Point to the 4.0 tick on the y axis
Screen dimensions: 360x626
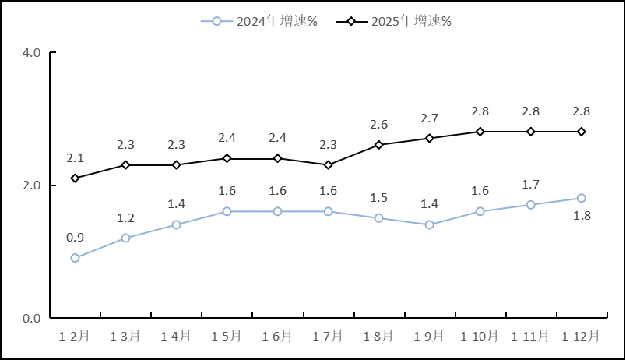click(32, 53)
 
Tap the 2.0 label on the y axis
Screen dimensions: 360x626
click(32, 185)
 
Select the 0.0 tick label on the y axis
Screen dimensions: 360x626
click(32, 318)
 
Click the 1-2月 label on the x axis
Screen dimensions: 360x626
click(75, 336)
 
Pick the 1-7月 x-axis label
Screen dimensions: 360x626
click(328, 336)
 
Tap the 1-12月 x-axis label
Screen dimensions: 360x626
click(581, 336)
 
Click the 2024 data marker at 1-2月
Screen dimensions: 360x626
click(75, 258)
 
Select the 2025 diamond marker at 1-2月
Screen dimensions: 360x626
click(75, 178)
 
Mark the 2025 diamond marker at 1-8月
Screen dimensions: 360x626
click(378, 145)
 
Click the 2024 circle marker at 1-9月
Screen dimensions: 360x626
click(429, 225)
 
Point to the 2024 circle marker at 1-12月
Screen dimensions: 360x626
click(581, 198)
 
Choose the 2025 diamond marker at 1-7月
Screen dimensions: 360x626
click(328, 165)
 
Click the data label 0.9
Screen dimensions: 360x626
click(75, 238)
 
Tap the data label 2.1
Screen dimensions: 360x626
click(75, 158)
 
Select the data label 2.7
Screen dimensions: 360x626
click(429, 118)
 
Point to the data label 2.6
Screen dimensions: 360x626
click(378, 125)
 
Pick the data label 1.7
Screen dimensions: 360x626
click(530, 185)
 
